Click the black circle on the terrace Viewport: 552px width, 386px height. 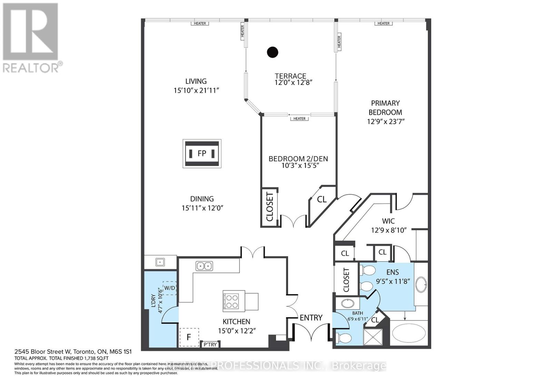[x=273, y=52]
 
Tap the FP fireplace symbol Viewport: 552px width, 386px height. [x=202, y=154]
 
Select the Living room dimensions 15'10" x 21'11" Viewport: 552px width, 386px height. [x=197, y=90]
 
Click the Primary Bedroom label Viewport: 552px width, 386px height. [x=385, y=108]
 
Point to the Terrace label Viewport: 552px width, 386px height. [x=290, y=76]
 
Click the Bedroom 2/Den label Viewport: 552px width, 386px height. [x=298, y=159]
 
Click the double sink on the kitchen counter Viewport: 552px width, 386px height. [x=204, y=266]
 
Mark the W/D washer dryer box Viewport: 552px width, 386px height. [x=169, y=288]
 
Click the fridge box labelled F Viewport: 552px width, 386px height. [x=189, y=337]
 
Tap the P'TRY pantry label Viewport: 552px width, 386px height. [x=210, y=345]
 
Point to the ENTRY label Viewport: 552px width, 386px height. [x=311, y=318]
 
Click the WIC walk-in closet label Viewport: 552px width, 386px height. [x=388, y=221]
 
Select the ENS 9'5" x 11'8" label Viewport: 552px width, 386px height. [x=393, y=277]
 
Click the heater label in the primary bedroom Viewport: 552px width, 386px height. [x=383, y=23]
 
